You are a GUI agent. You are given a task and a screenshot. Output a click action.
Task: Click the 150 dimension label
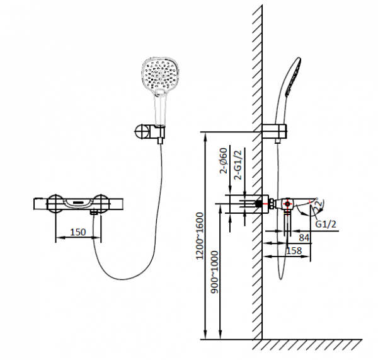coord(78,232)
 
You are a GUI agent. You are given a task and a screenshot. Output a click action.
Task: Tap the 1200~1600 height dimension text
coord(200,236)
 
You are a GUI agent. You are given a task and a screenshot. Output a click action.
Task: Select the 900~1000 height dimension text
coord(214,272)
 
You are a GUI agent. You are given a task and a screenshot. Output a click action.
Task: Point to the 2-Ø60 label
coord(224,161)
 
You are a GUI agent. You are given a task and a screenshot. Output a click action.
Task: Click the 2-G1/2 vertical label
coord(238,165)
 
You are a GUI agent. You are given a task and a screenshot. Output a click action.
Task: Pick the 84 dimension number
coord(304,238)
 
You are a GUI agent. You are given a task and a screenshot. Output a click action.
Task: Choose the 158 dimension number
coord(294,251)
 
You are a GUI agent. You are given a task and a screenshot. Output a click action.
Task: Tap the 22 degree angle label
coord(318,205)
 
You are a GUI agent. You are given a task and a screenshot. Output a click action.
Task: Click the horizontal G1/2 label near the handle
coord(326,224)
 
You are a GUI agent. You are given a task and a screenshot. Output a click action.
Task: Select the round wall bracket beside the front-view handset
coord(142,132)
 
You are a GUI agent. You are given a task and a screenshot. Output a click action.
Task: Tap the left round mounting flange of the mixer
coord(55,204)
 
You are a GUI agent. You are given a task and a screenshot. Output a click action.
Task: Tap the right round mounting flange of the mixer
coord(101,204)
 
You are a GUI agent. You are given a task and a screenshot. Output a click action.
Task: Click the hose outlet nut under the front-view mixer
coord(94,212)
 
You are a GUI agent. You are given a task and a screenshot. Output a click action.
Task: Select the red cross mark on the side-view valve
coord(287,204)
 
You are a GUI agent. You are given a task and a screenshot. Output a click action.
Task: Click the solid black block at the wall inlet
coord(259,204)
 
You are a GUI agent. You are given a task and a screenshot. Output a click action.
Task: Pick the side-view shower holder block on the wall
coord(274,131)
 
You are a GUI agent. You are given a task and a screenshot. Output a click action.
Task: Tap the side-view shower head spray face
coord(293,77)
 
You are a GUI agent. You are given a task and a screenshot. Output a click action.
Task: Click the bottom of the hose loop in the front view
coord(123,279)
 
